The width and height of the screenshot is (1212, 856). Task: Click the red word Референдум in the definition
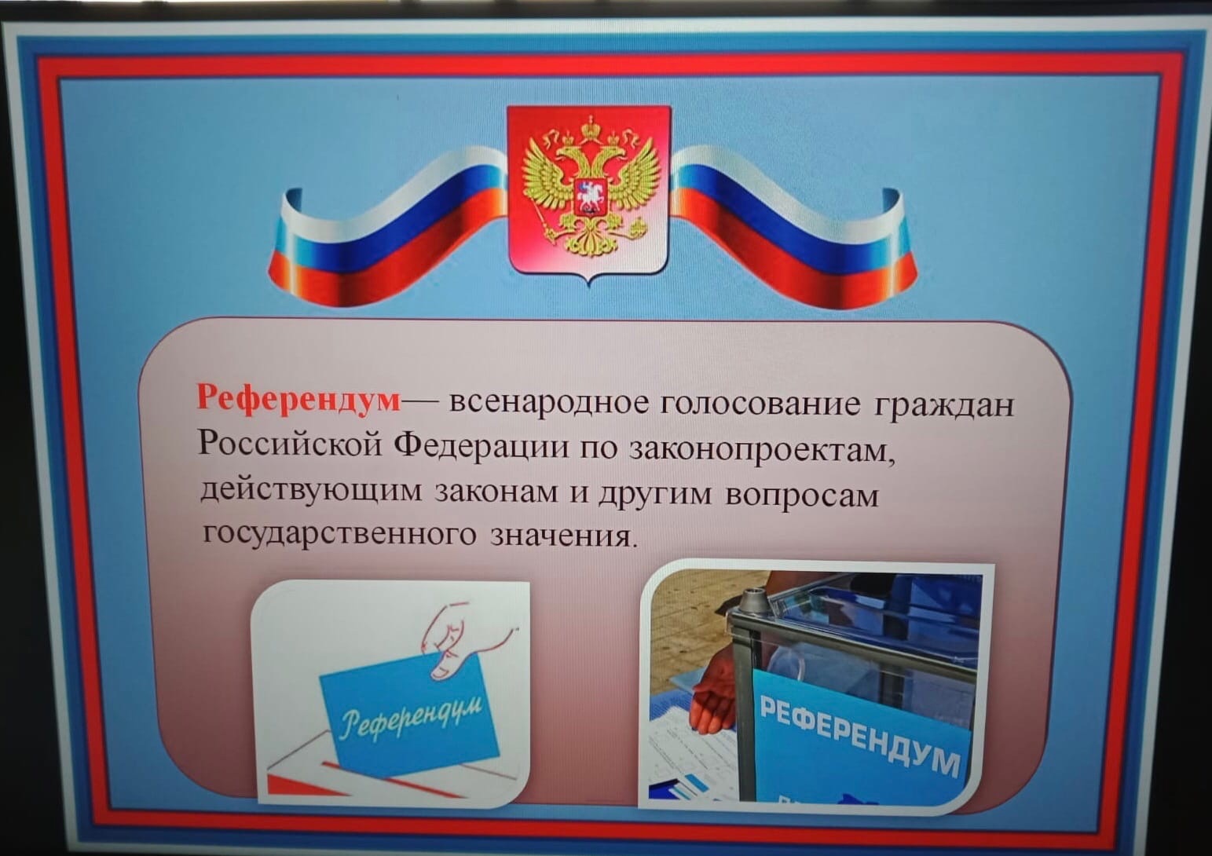pos(298,399)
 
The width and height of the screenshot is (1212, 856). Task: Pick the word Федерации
pos(481,448)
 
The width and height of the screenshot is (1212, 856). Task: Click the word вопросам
pos(802,495)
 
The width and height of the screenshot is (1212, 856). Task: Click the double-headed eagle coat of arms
pos(589,187)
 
